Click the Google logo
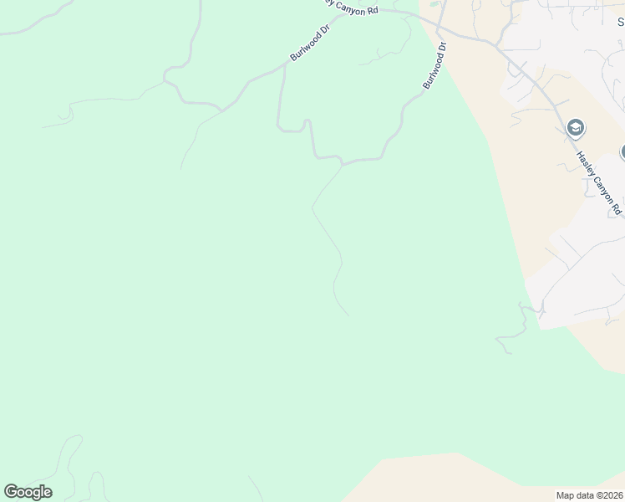(28, 492)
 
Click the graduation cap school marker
(575, 129)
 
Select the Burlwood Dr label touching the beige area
(435, 67)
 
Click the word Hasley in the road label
(586, 162)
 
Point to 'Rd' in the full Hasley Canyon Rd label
(617, 207)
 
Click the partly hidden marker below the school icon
(622, 152)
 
